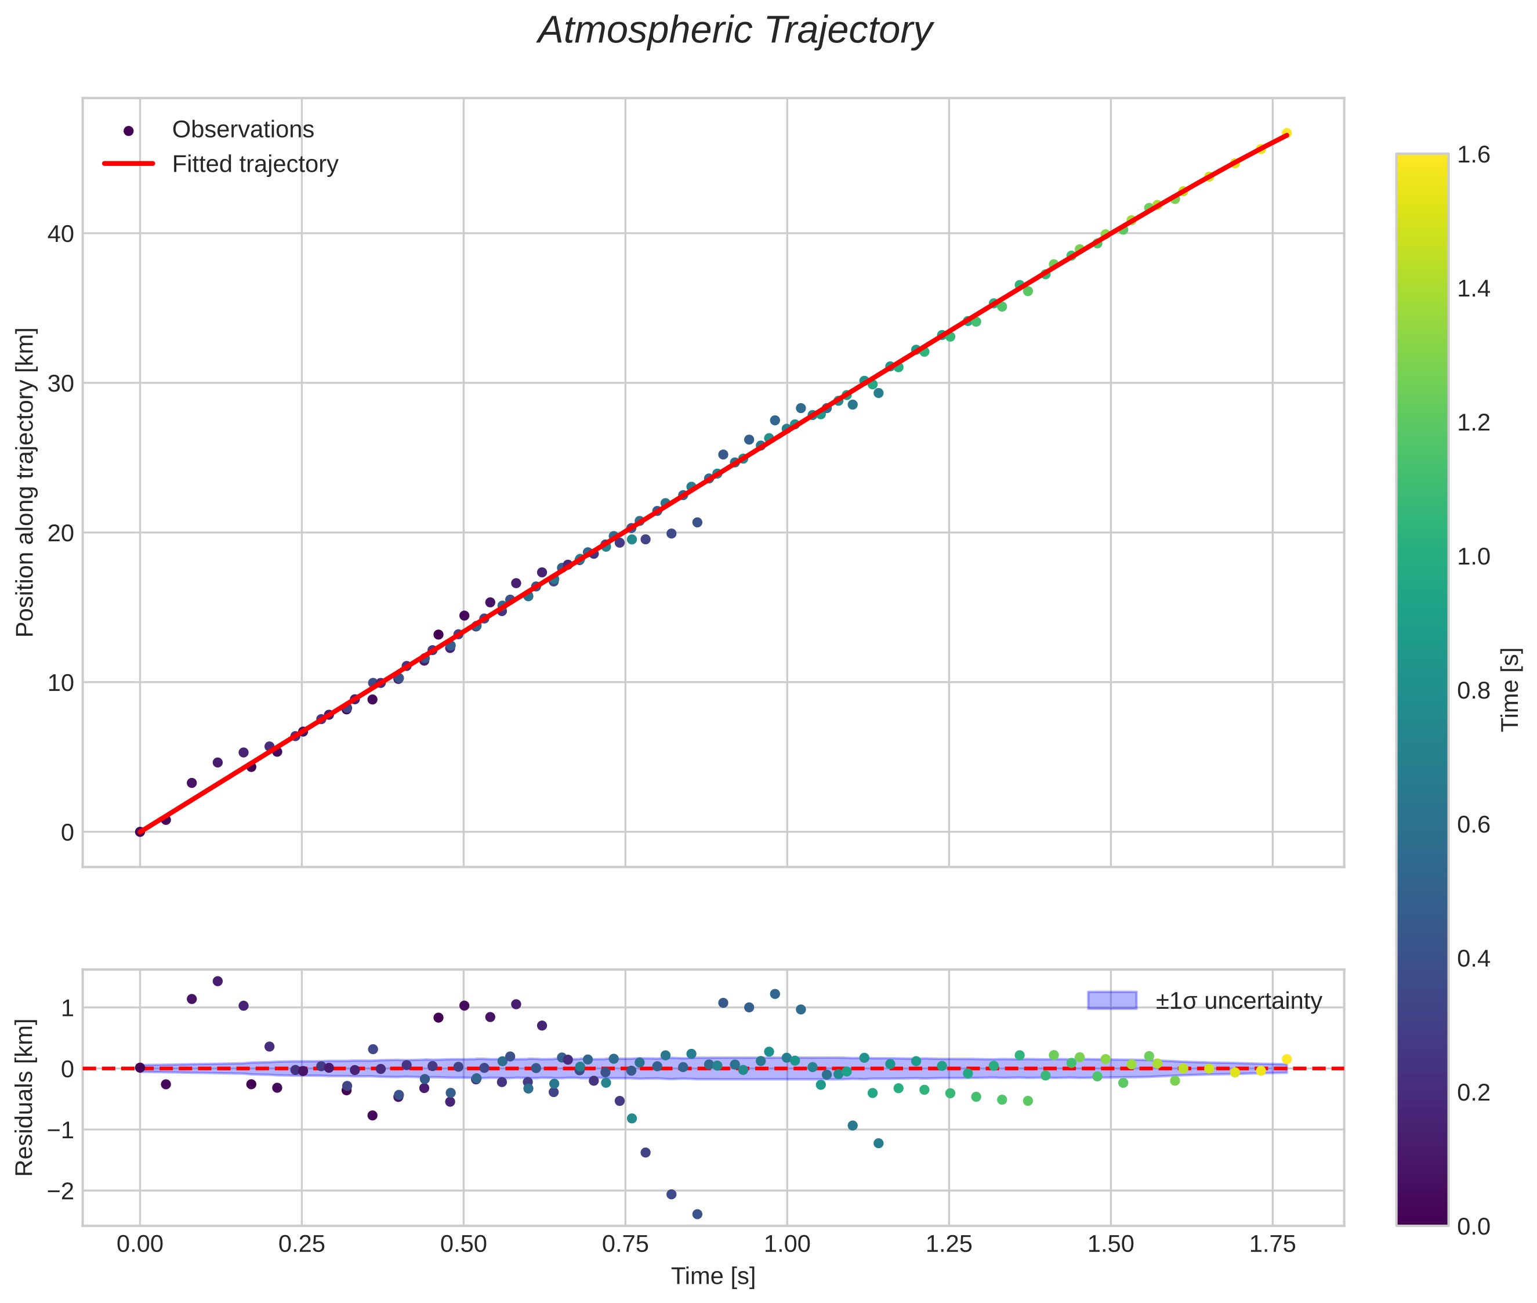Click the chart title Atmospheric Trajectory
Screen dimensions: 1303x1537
735,31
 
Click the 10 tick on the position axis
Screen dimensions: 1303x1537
61,682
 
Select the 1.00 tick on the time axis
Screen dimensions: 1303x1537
786,1244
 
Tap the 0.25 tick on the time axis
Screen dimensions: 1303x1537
302,1244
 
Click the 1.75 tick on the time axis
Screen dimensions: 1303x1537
1272,1244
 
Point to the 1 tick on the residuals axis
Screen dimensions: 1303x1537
67,1008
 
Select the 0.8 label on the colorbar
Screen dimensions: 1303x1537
1473,690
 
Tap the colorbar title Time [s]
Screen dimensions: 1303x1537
1510,689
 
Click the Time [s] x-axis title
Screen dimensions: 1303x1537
713,1276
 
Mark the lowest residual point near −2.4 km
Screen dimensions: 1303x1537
697,1214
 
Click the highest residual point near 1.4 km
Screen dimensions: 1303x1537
217,981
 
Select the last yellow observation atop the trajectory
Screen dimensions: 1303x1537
1286,133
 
